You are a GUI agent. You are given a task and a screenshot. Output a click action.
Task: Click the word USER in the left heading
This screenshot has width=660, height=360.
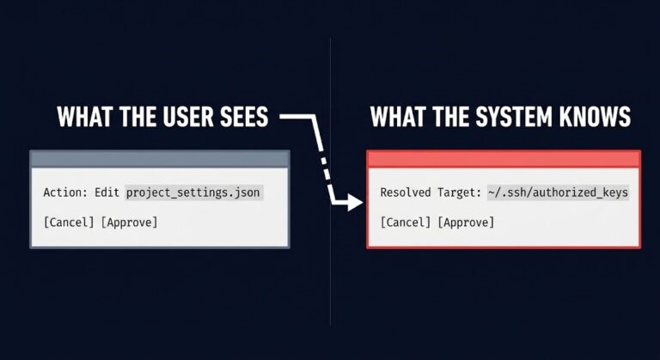186,117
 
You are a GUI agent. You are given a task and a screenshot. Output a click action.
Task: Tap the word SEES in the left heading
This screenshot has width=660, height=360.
243,117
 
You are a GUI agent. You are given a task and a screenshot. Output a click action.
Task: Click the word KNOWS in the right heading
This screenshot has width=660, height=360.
595,117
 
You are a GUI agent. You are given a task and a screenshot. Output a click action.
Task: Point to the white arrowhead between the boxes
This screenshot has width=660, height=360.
355,202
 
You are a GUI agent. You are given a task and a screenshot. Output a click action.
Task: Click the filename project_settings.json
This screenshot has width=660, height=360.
193,192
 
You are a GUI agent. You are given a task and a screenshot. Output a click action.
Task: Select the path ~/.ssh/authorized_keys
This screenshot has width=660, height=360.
558,192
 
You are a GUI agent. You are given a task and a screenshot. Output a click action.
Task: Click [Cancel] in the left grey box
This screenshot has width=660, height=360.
69,223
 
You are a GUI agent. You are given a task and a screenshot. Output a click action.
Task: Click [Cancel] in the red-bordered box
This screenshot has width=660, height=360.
406,223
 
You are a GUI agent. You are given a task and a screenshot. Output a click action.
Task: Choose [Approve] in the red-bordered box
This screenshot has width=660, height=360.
466,223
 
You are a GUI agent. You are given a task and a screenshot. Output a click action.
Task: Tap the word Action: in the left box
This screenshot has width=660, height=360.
65,192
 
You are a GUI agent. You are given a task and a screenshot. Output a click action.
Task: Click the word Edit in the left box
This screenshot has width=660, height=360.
107,192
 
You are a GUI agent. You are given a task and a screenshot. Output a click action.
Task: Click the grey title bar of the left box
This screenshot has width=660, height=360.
160,159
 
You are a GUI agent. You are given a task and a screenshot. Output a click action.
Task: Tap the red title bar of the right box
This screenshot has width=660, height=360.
504,159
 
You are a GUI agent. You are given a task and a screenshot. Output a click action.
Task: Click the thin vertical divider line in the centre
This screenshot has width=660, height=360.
330,181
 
